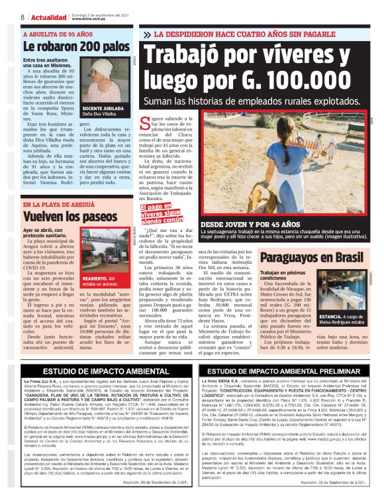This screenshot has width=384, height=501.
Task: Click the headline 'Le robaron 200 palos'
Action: pyautogui.click(x=76, y=47)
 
